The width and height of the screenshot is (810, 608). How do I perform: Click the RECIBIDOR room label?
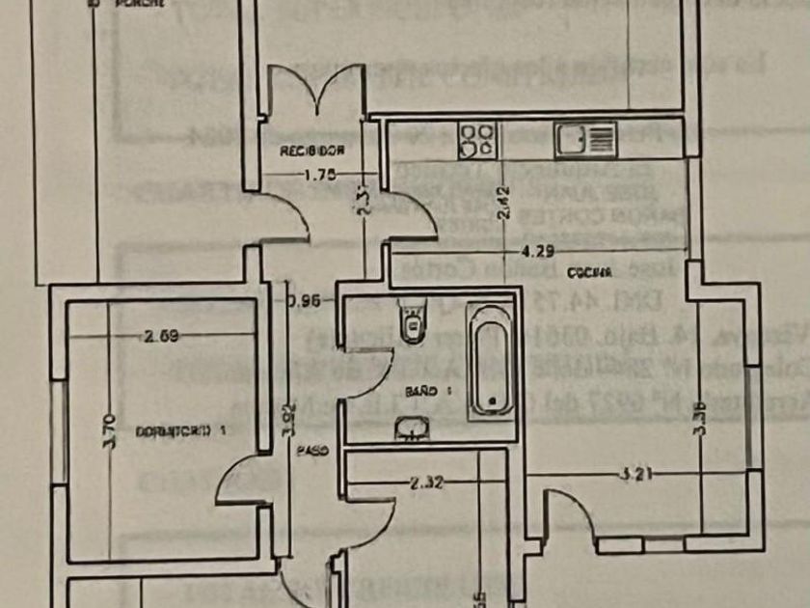pyautogui.click(x=312, y=152)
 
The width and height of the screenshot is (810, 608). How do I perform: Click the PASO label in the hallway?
pyautogui.click(x=311, y=450)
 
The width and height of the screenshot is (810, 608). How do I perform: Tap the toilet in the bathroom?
pyautogui.click(x=411, y=320)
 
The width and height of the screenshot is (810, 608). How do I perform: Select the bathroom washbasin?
pyautogui.click(x=413, y=428)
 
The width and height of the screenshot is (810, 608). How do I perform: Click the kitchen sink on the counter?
pyautogui.click(x=585, y=139)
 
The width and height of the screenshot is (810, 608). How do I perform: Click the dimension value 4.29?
pyautogui.click(x=538, y=253)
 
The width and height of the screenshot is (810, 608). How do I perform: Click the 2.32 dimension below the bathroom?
pyautogui.click(x=425, y=483)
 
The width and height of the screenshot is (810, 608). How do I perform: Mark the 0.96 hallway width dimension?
pyautogui.click(x=304, y=299)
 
